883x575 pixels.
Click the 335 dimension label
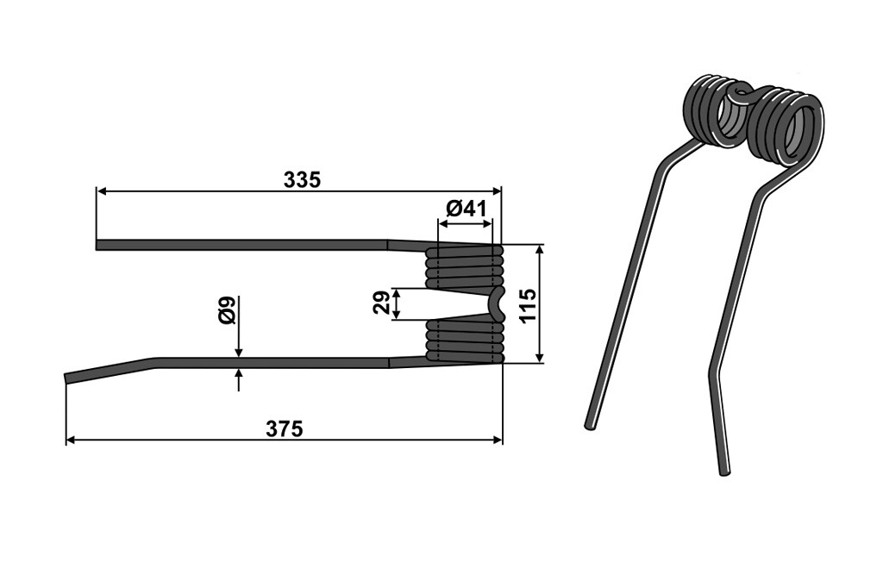[x=302, y=180]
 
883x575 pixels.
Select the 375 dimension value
[x=285, y=429]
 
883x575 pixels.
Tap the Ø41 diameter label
[x=466, y=209]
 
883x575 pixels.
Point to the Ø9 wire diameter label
[x=228, y=309]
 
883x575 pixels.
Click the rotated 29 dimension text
[x=381, y=303]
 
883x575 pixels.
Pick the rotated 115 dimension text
[x=529, y=305]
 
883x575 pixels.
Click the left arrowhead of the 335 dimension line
[x=102, y=191]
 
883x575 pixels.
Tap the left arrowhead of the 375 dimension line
[x=71, y=440]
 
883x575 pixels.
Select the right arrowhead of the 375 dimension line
[x=498, y=440]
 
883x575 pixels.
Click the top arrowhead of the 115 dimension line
[x=541, y=250]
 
